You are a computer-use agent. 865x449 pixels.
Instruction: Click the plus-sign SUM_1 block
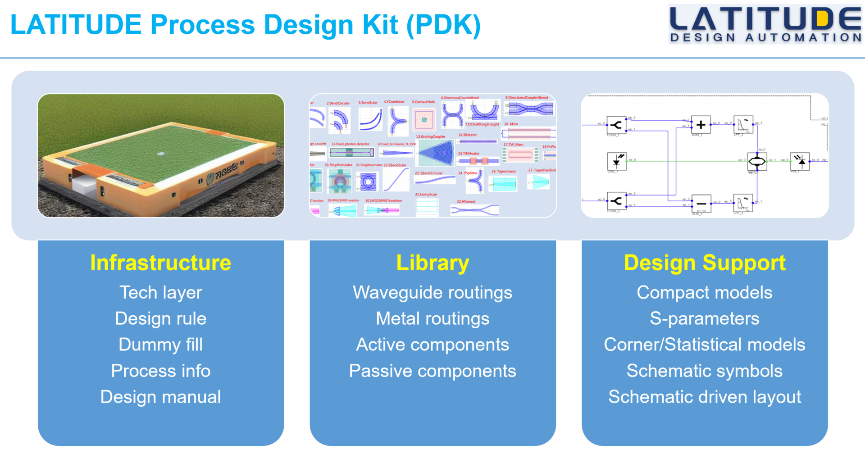coord(701,125)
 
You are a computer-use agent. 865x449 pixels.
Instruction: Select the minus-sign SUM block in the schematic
coord(701,204)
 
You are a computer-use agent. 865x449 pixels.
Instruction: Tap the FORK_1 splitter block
coord(616,125)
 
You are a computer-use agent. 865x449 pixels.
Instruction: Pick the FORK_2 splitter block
coord(616,201)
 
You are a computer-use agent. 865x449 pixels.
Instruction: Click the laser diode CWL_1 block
coord(616,161)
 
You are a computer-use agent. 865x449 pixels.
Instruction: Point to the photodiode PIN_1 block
coord(800,161)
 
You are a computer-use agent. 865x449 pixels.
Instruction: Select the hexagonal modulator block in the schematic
coord(757,161)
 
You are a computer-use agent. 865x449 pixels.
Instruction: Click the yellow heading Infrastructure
coord(160,263)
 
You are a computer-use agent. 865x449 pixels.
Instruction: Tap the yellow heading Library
coord(432,263)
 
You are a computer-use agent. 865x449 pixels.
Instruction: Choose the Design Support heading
coord(705,263)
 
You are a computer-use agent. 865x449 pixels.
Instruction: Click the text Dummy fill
coord(160,345)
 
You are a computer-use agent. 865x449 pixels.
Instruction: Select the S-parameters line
coord(705,318)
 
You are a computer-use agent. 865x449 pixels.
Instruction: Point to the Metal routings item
coord(432,318)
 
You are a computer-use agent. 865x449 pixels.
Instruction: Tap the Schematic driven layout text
coord(705,397)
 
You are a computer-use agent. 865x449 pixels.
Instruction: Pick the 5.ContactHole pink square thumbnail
coord(424,119)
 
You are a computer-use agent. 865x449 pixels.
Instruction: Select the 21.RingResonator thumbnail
coord(368,181)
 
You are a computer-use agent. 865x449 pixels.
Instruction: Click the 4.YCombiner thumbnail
coord(396,121)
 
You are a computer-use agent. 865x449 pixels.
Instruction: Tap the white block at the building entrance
coord(84,185)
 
